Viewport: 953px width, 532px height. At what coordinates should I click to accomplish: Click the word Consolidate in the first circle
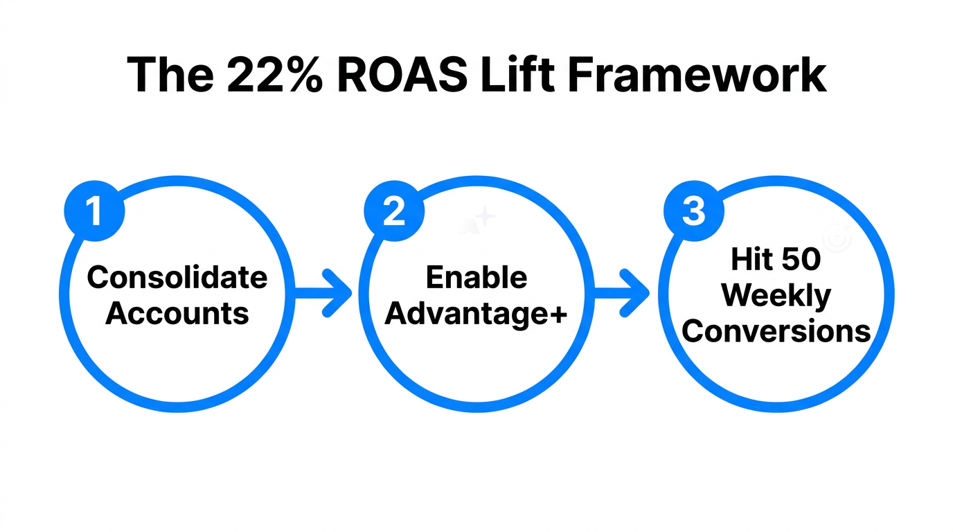[x=177, y=278]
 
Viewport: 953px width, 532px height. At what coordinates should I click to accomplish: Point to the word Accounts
[x=177, y=313]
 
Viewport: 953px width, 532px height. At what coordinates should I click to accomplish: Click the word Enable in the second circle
[x=476, y=278]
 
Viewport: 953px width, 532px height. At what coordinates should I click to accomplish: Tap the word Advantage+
[x=476, y=314]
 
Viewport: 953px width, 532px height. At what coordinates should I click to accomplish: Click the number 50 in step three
[x=799, y=259]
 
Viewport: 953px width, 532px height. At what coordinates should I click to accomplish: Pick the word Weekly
[x=776, y=295]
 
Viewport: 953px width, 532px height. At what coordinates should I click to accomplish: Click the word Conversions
[x=776, y=331]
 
